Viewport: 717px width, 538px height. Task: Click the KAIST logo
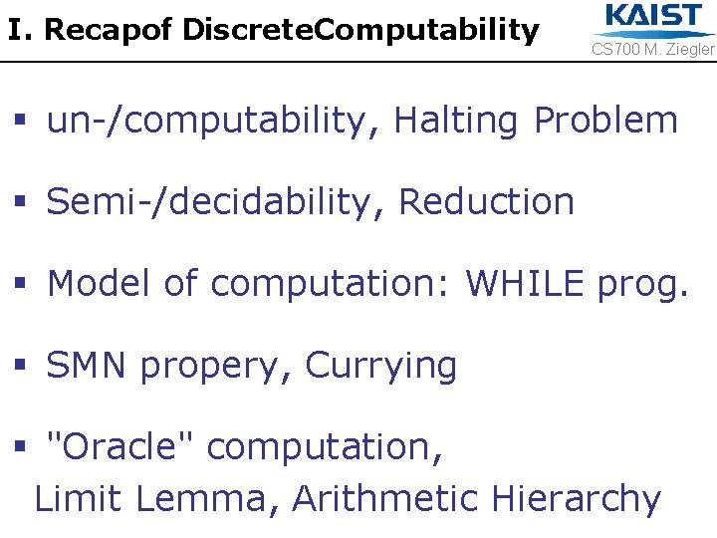pyautogui.click(x=653, y=18)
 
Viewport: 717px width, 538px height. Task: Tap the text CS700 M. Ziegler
pyautogui.click(x=653, y=49)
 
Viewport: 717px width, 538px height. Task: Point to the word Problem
pyautogui.click(x=605, y=121)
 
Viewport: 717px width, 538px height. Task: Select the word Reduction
pyautogui.click(x=486, y=202)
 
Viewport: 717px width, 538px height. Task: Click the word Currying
pyautogui.click(x=380, y=367)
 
